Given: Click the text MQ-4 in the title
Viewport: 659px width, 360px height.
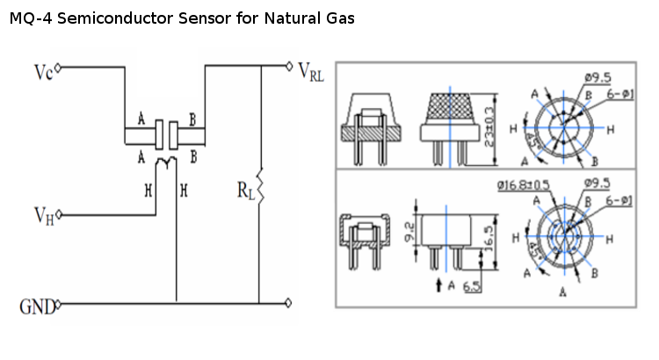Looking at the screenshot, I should [29, 18].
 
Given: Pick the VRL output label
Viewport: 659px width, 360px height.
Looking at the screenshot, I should [312, 72].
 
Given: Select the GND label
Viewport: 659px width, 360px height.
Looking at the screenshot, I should [36, 306].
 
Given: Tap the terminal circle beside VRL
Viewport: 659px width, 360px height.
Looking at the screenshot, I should [291, 65].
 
